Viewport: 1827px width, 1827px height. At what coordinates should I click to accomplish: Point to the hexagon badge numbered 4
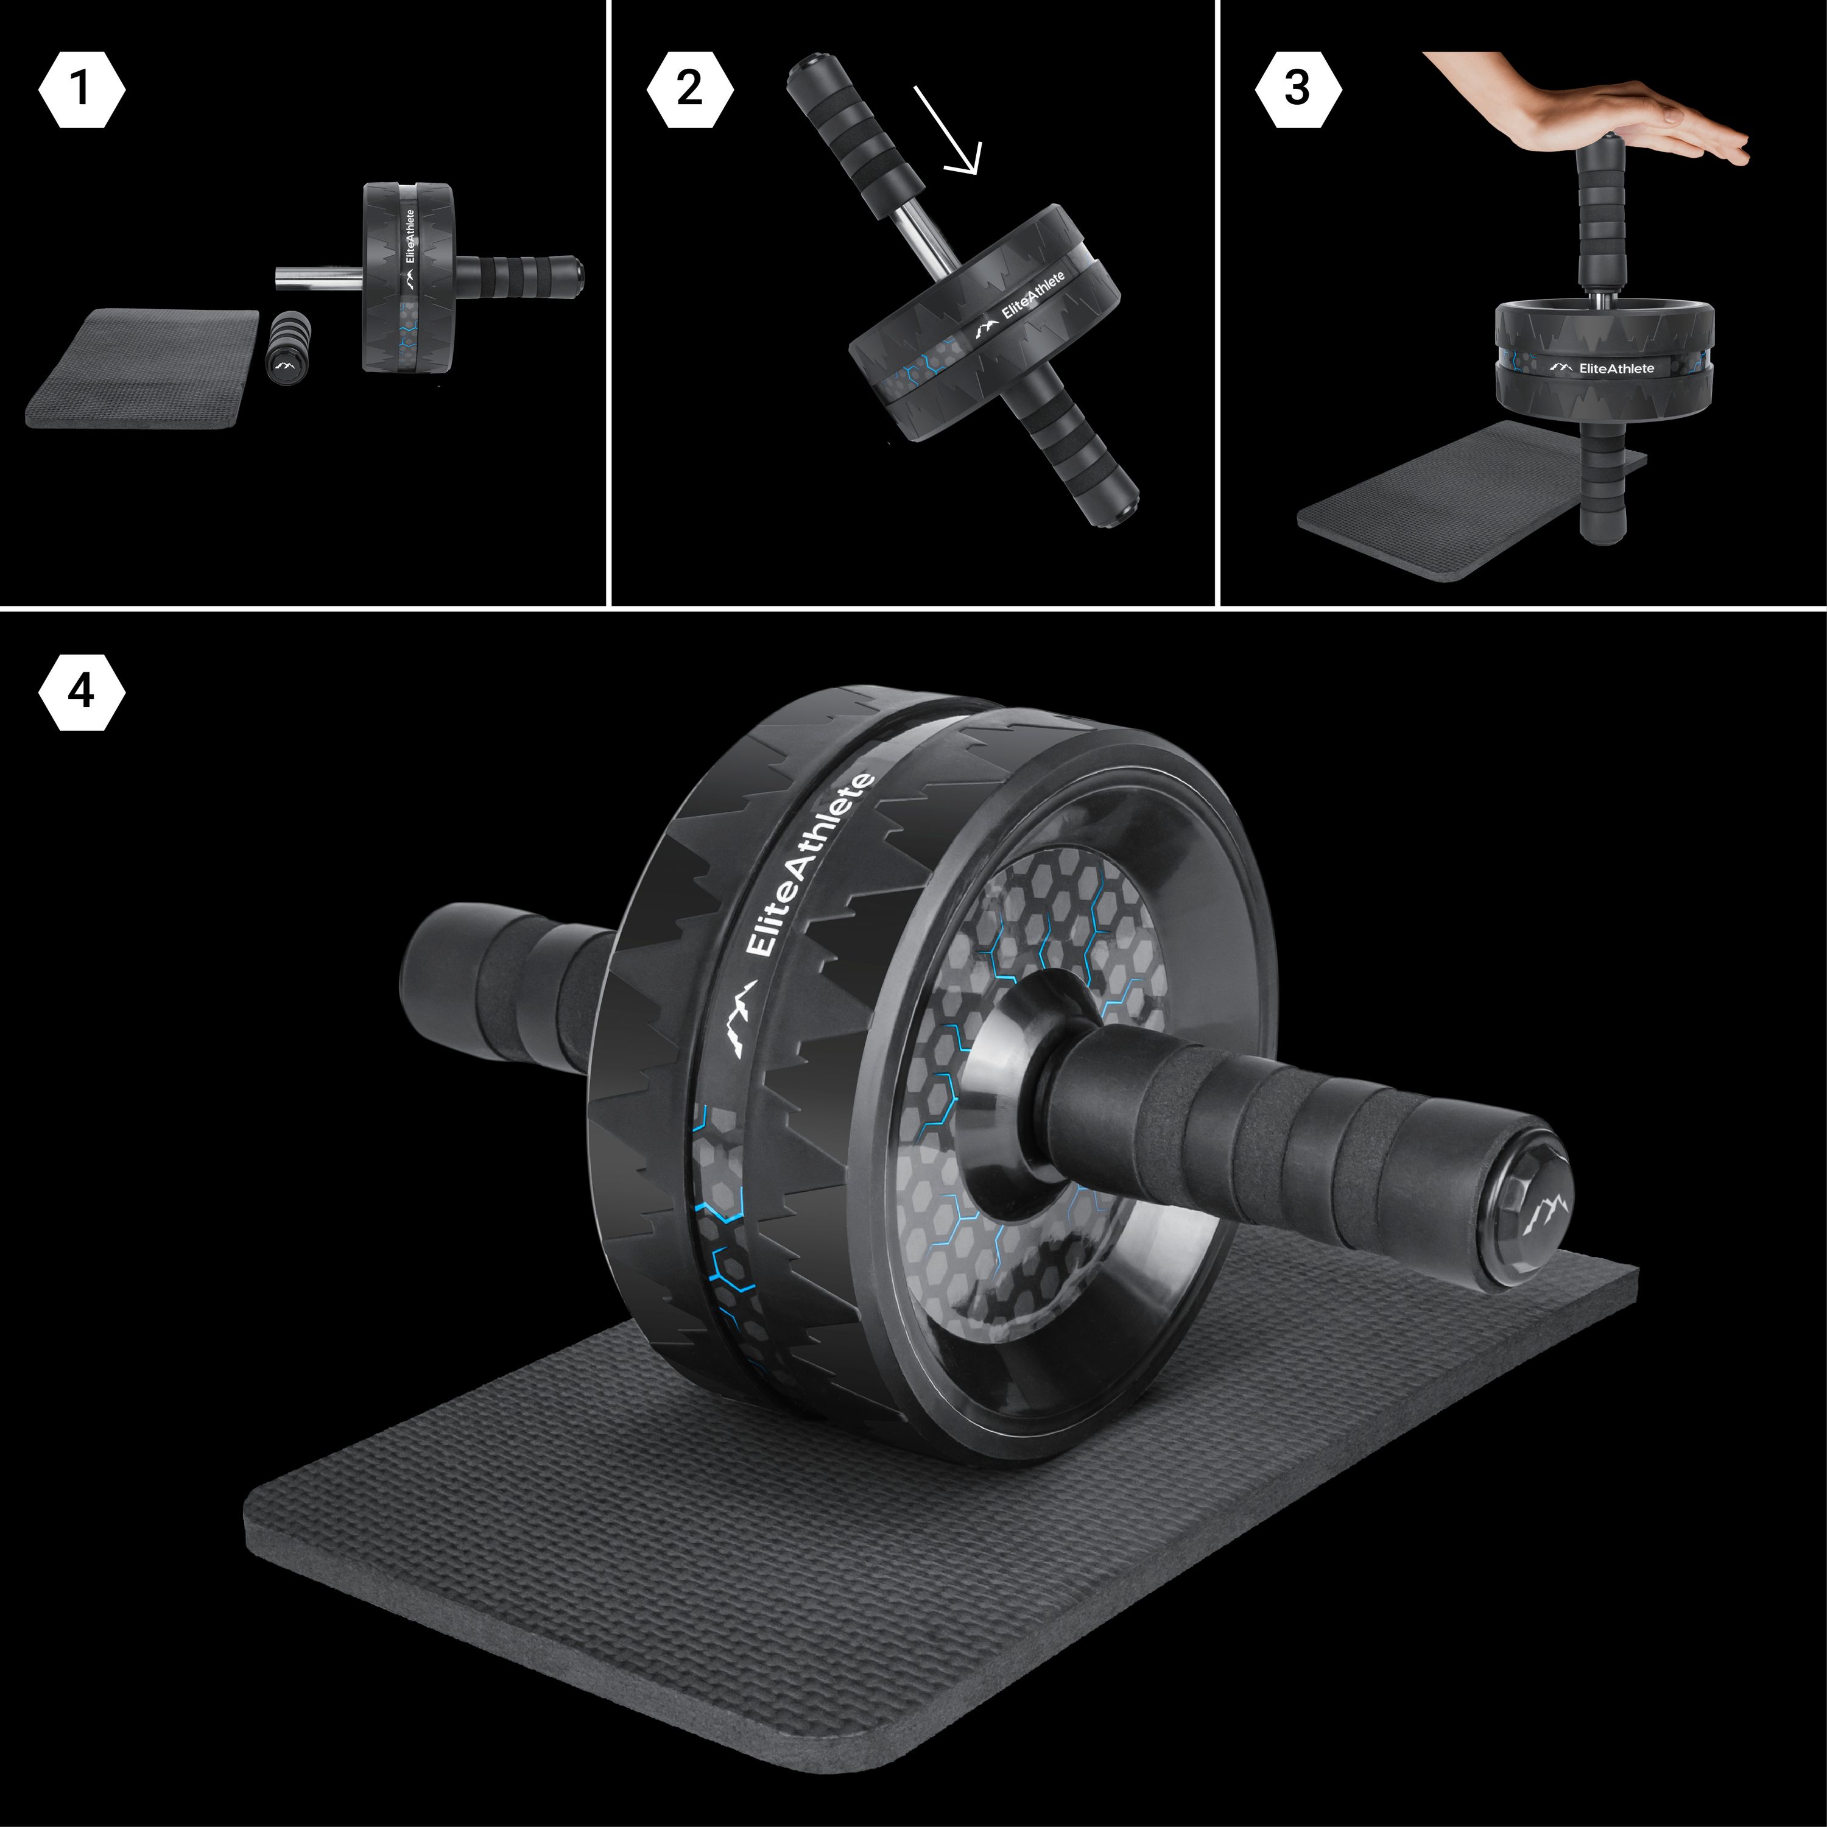pyautogui.click(x=82, y=691)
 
